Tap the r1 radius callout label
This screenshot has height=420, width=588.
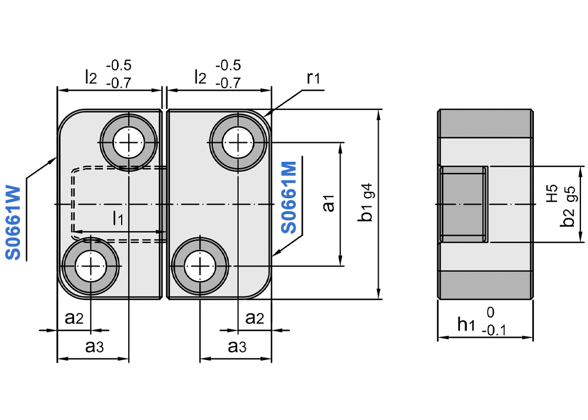[x=313, y=78]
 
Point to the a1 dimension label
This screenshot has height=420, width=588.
[x=329, y=203]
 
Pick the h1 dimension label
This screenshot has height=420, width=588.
[x=466, y=323]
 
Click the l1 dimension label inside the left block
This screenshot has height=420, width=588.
[x=118, y=219]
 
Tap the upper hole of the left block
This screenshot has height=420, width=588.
[x=128, y=141]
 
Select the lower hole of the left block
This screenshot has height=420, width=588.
[x=92, y=266]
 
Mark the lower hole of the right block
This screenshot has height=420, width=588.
[x=199, y=266]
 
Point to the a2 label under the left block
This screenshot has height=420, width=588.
[x=74, y=318]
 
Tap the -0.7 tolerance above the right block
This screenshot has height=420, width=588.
[x=228, y=83]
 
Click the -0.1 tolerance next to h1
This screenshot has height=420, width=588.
[x=493, y=331]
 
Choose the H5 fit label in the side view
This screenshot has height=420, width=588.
[x=552, y=194]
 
